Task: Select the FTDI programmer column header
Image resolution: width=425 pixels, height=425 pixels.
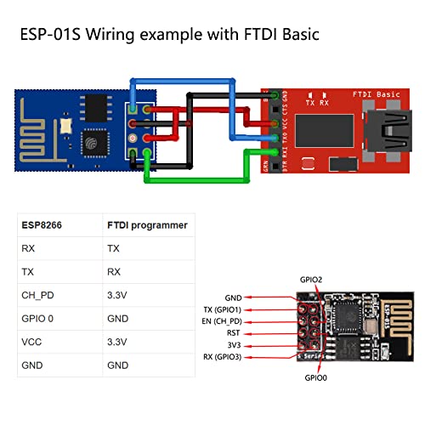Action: click(147, 226)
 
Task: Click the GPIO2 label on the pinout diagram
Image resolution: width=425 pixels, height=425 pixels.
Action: click(312, 279)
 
